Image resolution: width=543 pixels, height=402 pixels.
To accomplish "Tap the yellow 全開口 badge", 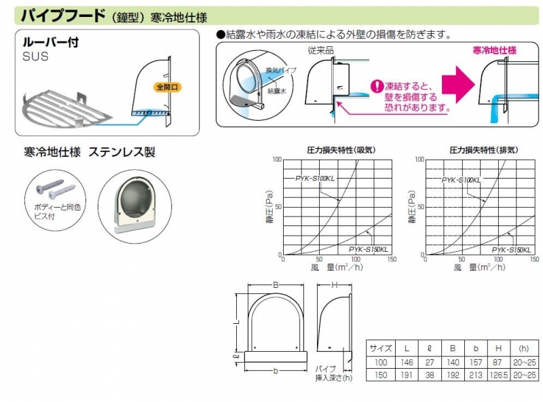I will click(x=165, y=88).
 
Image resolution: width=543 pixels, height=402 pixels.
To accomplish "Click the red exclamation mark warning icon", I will click(x=377, y=87).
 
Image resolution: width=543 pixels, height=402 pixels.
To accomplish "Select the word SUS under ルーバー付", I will click(x=35, y=57).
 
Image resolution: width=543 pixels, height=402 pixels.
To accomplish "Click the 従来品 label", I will click(x=318, y=50).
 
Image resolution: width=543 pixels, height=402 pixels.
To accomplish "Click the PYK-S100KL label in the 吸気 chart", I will click(x=315, y=178).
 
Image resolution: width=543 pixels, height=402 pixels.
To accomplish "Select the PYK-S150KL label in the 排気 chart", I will click(x=511, y=249).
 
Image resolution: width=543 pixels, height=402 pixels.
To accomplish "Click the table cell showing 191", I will click(x=406, y=375).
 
